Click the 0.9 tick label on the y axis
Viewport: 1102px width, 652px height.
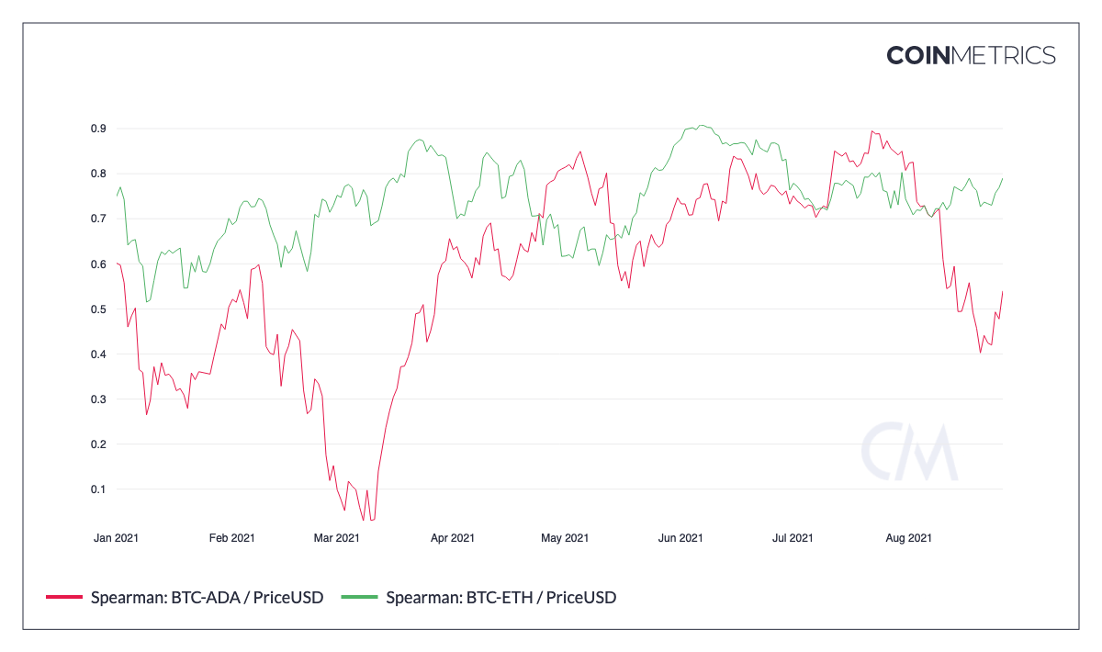coord(97,129)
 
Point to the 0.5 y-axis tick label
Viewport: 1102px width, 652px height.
coord(97,309)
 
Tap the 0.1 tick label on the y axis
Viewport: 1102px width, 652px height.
coord(97,489)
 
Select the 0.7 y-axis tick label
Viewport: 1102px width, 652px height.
coord(97,219)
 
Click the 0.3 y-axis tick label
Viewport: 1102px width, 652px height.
coord(97,399)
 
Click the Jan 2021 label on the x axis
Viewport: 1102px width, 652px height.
coord(116,538)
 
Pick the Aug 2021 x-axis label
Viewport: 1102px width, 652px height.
coord(908,538)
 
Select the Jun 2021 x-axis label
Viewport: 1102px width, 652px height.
coord(680,538)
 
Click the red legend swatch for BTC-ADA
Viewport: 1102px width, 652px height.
coord(63,598)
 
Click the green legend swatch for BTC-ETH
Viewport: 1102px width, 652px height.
coord(359,598)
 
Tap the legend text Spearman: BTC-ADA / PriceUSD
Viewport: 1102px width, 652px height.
coord(207,598)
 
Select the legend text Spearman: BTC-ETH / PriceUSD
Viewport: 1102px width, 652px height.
coord(500,598)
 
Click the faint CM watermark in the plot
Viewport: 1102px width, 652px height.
coord(908,453)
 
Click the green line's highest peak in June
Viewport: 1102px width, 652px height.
coord(702,126)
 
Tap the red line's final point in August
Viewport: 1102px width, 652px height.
coord(1002,292)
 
